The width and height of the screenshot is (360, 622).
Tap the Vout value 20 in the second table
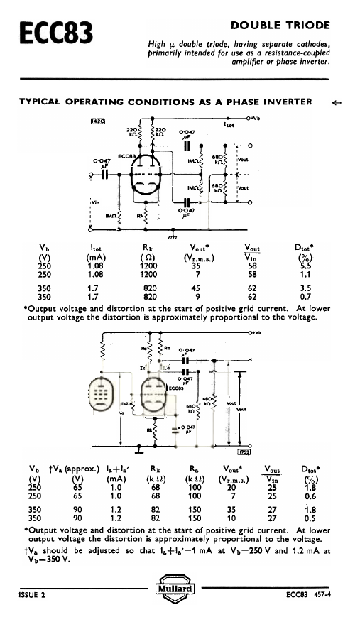pos(229,486)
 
